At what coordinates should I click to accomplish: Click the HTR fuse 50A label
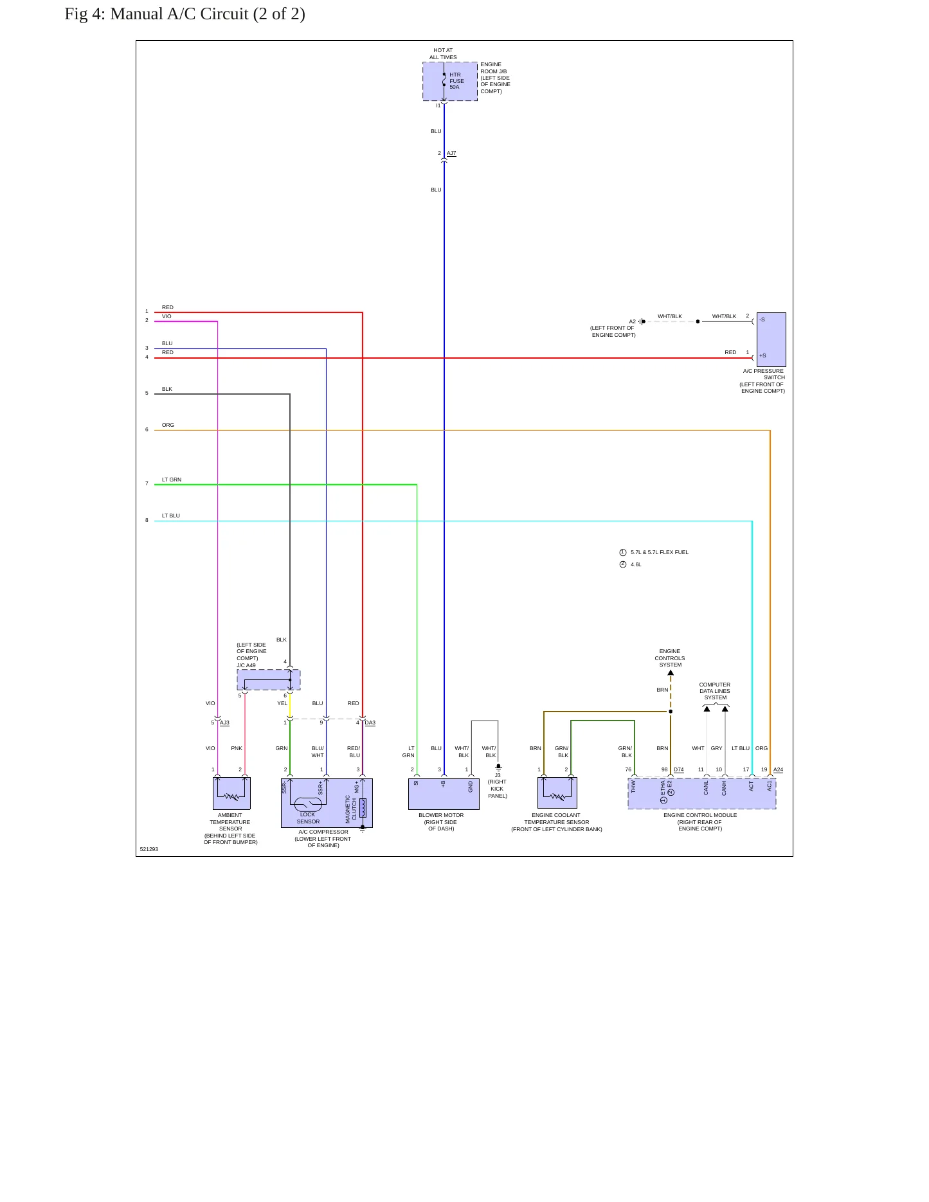(456, 81)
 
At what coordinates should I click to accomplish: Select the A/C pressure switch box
(771, 339)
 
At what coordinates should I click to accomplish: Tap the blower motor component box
(444, 794)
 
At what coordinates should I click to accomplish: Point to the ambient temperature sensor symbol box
(231, 793)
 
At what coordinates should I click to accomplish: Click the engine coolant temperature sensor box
(557, 793)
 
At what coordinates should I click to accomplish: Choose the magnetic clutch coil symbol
(363, 808)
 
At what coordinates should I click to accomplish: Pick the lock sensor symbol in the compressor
(308, 804)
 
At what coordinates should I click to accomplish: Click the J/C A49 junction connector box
(269, 679)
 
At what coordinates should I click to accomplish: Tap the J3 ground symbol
(498, 767)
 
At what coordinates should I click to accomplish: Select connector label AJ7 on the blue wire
(451, 154)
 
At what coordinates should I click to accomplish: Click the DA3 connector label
(370, 723)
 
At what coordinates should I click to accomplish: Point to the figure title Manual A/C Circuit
(185, 13)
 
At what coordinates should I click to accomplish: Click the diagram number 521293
(149, 849)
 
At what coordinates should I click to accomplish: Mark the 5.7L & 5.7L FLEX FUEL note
(660, 552)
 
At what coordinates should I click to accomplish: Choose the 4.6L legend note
(636, 564)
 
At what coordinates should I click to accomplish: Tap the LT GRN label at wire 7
(172, 480)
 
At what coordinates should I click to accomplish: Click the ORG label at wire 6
(168, 425)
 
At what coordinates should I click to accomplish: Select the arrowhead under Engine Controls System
(671, 673)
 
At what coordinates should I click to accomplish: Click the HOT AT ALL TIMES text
(443, 53)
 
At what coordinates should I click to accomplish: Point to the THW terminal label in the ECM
(633, 787)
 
